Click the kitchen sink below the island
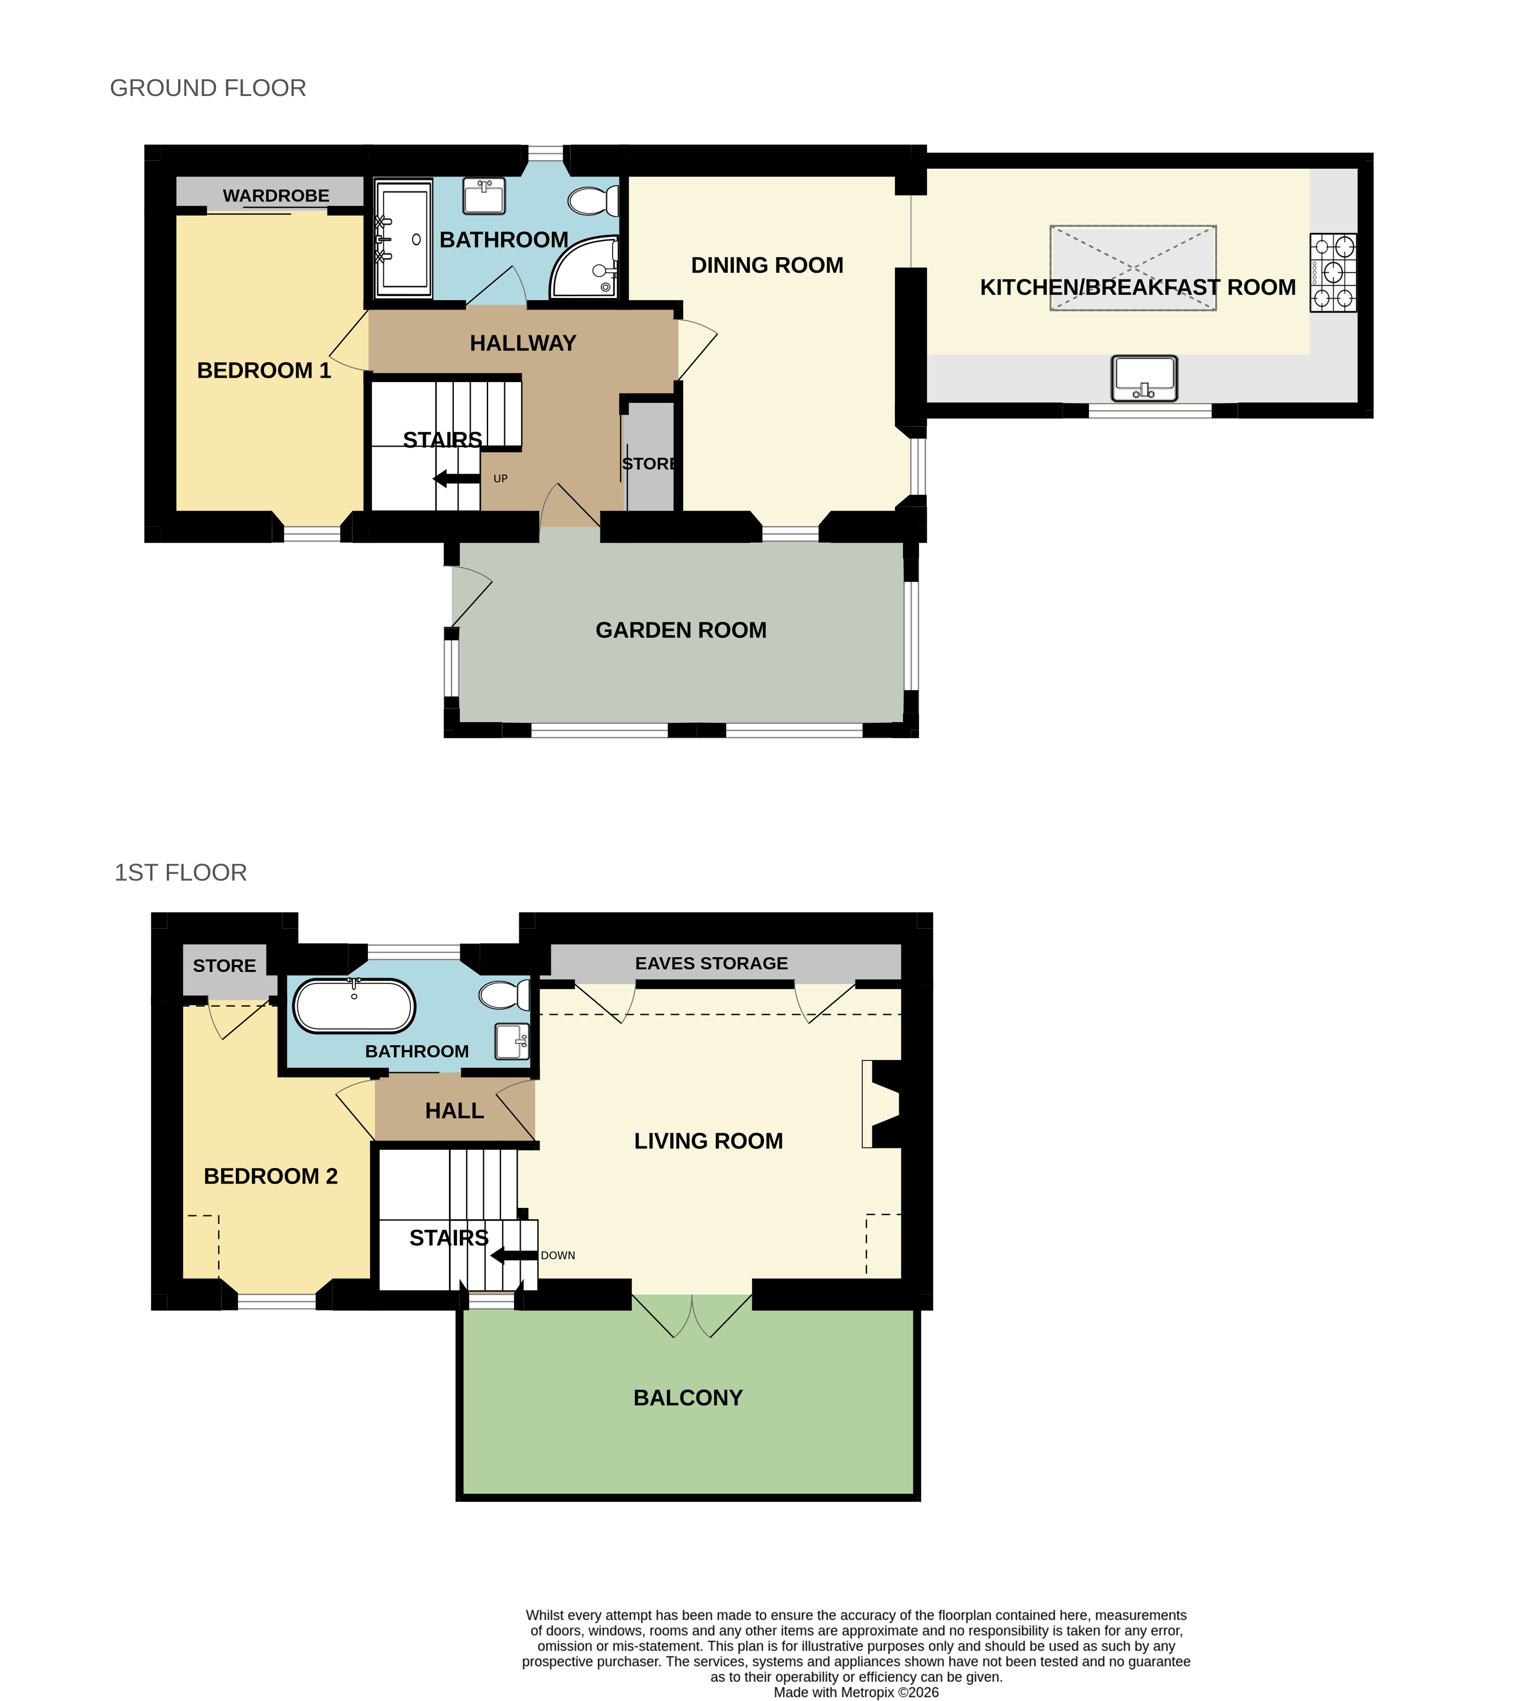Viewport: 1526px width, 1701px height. pos(1145,378)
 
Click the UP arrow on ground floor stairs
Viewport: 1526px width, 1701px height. pos(457,479)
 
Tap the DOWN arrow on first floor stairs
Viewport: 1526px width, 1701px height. pos(514,1255)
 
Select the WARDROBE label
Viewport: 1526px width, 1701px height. pos(276,195)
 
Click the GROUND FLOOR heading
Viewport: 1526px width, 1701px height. pos(208,88)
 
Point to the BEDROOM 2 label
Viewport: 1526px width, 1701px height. pos(271,1176)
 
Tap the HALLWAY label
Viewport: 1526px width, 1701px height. pos(523,343)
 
